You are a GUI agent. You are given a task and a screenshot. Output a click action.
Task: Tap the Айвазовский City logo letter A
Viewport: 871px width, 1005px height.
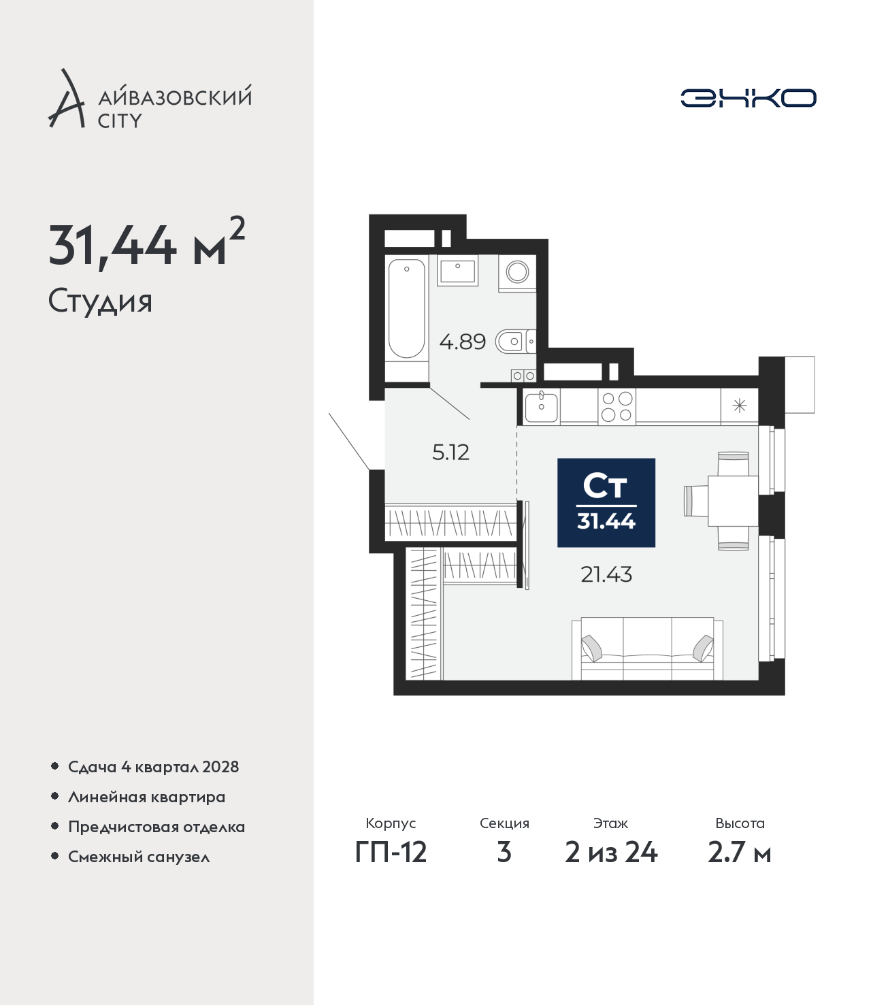tap(67, 99)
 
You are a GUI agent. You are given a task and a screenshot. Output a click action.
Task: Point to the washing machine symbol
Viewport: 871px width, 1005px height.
tap(517, 273)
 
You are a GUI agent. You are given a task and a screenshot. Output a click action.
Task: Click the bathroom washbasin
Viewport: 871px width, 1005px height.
tap(457, 270)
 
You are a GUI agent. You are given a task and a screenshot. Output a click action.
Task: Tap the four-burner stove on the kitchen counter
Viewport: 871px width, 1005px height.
tap(617, 406)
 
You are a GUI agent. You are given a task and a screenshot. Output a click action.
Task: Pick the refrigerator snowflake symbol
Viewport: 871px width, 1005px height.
tap(739, 406)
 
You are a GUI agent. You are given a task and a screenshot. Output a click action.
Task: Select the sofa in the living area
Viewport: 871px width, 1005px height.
tap(647, 649)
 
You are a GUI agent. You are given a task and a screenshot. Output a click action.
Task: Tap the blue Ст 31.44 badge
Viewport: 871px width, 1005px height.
tap(606, 503)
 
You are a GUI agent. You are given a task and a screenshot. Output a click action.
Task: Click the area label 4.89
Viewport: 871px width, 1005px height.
tap(463, 342)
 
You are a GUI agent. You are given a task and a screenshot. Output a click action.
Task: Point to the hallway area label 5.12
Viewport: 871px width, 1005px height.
tap(451, 452)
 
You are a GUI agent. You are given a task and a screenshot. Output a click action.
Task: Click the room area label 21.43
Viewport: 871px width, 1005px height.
tap(606, 575)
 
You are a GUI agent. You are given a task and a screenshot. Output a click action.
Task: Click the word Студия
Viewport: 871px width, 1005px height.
tap(100, 301)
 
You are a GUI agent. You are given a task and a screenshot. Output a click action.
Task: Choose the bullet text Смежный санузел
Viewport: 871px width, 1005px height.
tap(139, 857)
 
